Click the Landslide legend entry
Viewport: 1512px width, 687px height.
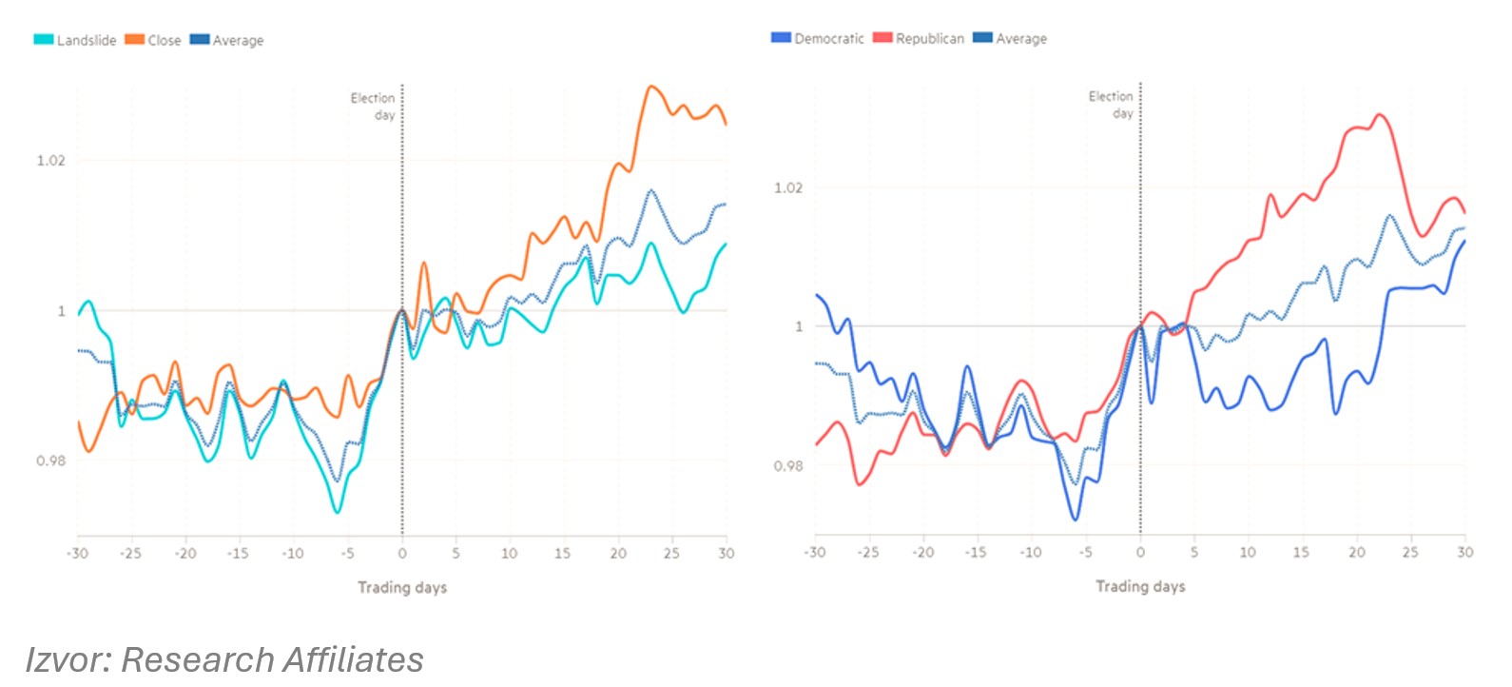75,40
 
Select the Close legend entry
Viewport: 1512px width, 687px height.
153,40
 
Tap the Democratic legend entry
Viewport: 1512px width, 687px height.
818,38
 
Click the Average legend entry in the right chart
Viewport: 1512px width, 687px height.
1010,38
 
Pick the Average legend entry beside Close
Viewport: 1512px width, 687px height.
227,40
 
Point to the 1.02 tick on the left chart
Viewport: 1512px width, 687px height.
50,160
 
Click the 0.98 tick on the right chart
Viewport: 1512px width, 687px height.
788,465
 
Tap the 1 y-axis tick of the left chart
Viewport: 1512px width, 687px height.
62,310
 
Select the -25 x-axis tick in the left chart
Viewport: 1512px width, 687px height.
130,553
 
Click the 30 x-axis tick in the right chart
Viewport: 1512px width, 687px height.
1465,552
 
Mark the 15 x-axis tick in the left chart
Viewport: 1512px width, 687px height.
563,553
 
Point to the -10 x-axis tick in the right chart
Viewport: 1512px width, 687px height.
1030,552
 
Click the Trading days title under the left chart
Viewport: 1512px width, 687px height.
402,587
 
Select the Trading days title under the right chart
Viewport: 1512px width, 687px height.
1140,586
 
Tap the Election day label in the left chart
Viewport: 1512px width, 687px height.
374,106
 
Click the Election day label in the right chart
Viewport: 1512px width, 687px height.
1112,104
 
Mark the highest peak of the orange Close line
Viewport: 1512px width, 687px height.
651,87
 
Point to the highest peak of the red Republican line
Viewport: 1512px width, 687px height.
1379,115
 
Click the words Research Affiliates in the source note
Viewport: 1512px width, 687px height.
273,659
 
